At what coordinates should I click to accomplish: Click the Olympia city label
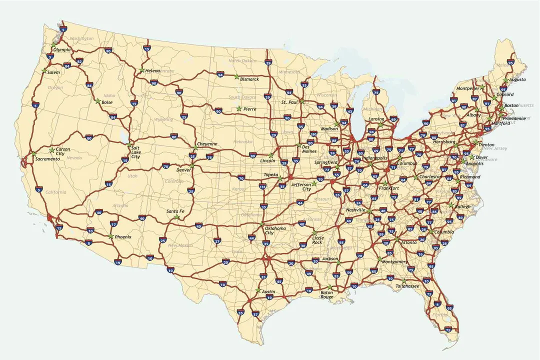62,50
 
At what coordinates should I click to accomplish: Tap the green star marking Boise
98,101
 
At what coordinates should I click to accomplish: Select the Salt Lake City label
135,152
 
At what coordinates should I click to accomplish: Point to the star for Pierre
238,108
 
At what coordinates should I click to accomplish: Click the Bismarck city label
249,79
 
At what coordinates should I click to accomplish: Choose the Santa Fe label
175,211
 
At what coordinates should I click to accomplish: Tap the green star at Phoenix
110,236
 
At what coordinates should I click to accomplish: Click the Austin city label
268,291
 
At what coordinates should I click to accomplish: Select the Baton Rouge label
326,294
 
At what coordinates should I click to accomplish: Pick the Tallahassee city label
407,286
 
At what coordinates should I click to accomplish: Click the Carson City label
63,151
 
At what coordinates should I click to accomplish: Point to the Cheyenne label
207,144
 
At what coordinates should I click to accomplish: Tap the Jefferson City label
301,186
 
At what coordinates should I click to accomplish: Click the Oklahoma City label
276,230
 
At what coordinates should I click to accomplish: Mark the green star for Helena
142,70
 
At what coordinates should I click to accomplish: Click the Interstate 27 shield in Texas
217,241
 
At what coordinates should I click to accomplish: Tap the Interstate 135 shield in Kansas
262,186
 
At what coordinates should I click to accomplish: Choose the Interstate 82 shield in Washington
79,61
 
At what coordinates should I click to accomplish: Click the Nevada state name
74,157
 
